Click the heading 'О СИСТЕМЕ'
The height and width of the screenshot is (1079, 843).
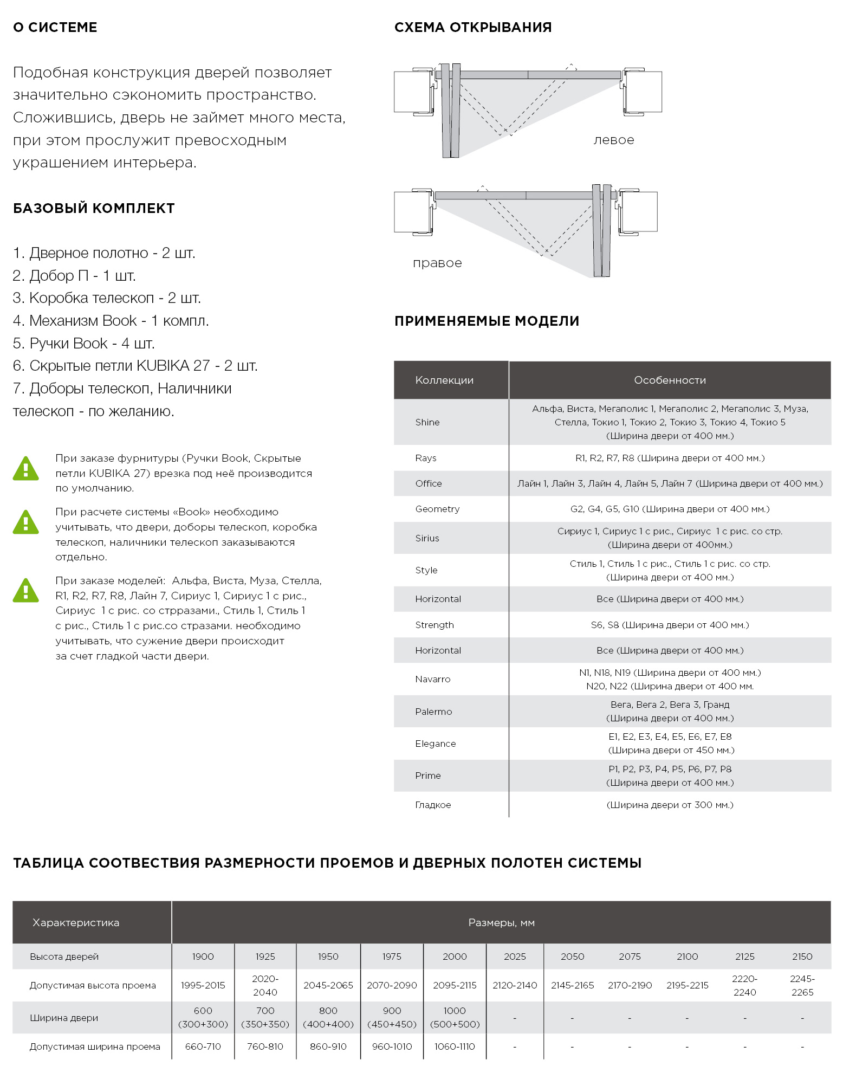(55, 27)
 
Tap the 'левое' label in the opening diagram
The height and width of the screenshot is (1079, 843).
(613, 140)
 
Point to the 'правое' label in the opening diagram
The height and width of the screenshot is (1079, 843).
(437, 263)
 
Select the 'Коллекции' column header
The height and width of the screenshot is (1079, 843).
(444, 380)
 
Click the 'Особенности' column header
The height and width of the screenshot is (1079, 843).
(670, 380)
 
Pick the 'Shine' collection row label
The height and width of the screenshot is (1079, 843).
(427, 422)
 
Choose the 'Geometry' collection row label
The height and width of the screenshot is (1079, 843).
(437, 509)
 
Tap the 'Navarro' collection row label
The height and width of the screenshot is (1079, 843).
(432, 679)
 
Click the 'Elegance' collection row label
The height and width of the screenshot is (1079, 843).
(435, 744)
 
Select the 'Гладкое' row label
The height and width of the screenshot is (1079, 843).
(433, 805)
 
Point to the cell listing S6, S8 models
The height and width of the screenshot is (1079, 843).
(670, 625)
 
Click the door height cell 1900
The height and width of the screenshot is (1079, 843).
(203, 957)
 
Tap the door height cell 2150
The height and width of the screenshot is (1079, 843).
(802, 957)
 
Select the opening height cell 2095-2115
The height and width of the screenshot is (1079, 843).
(455, 985)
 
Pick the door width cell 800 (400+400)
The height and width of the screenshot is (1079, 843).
(328, 1017)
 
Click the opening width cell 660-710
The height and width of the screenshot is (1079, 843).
(203, 1046)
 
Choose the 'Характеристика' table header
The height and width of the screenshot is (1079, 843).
(76, 922)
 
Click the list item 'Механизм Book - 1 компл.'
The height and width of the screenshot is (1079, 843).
(111, 321)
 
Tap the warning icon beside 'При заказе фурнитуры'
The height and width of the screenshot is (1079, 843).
(25, 469)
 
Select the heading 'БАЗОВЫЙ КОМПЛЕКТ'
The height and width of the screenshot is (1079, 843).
(94, 208)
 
